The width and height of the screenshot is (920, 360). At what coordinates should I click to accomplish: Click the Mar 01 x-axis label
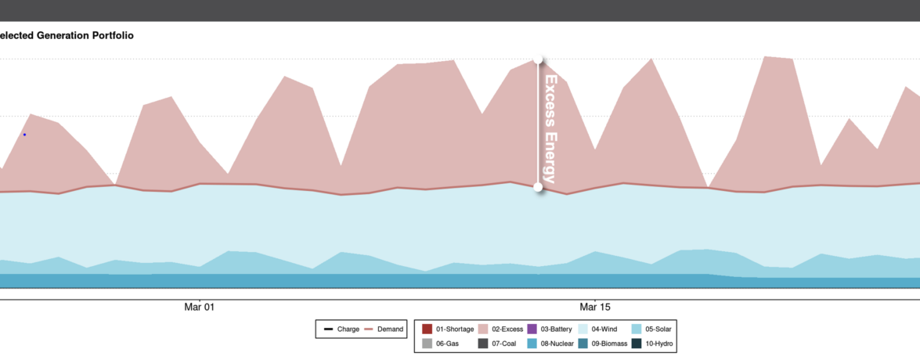point(199,308)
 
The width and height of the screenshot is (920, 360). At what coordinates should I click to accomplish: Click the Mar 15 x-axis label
point(594,308)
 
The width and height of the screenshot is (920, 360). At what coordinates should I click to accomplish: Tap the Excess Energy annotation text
point(550,129)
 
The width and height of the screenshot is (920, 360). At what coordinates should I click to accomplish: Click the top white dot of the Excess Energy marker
point(538,59)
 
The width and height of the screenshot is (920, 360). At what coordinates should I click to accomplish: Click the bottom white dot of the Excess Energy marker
point(538,187)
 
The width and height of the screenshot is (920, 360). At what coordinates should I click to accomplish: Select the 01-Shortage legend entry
point(448,329)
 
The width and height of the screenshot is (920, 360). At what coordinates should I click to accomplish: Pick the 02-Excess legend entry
point(500,329)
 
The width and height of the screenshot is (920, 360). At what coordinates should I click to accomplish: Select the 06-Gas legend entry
point(442,344)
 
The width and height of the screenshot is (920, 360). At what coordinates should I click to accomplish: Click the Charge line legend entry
point(341,329)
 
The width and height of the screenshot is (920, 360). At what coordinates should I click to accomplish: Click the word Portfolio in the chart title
point(113,35)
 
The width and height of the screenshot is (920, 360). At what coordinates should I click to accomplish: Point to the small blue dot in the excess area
point(24,135)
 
